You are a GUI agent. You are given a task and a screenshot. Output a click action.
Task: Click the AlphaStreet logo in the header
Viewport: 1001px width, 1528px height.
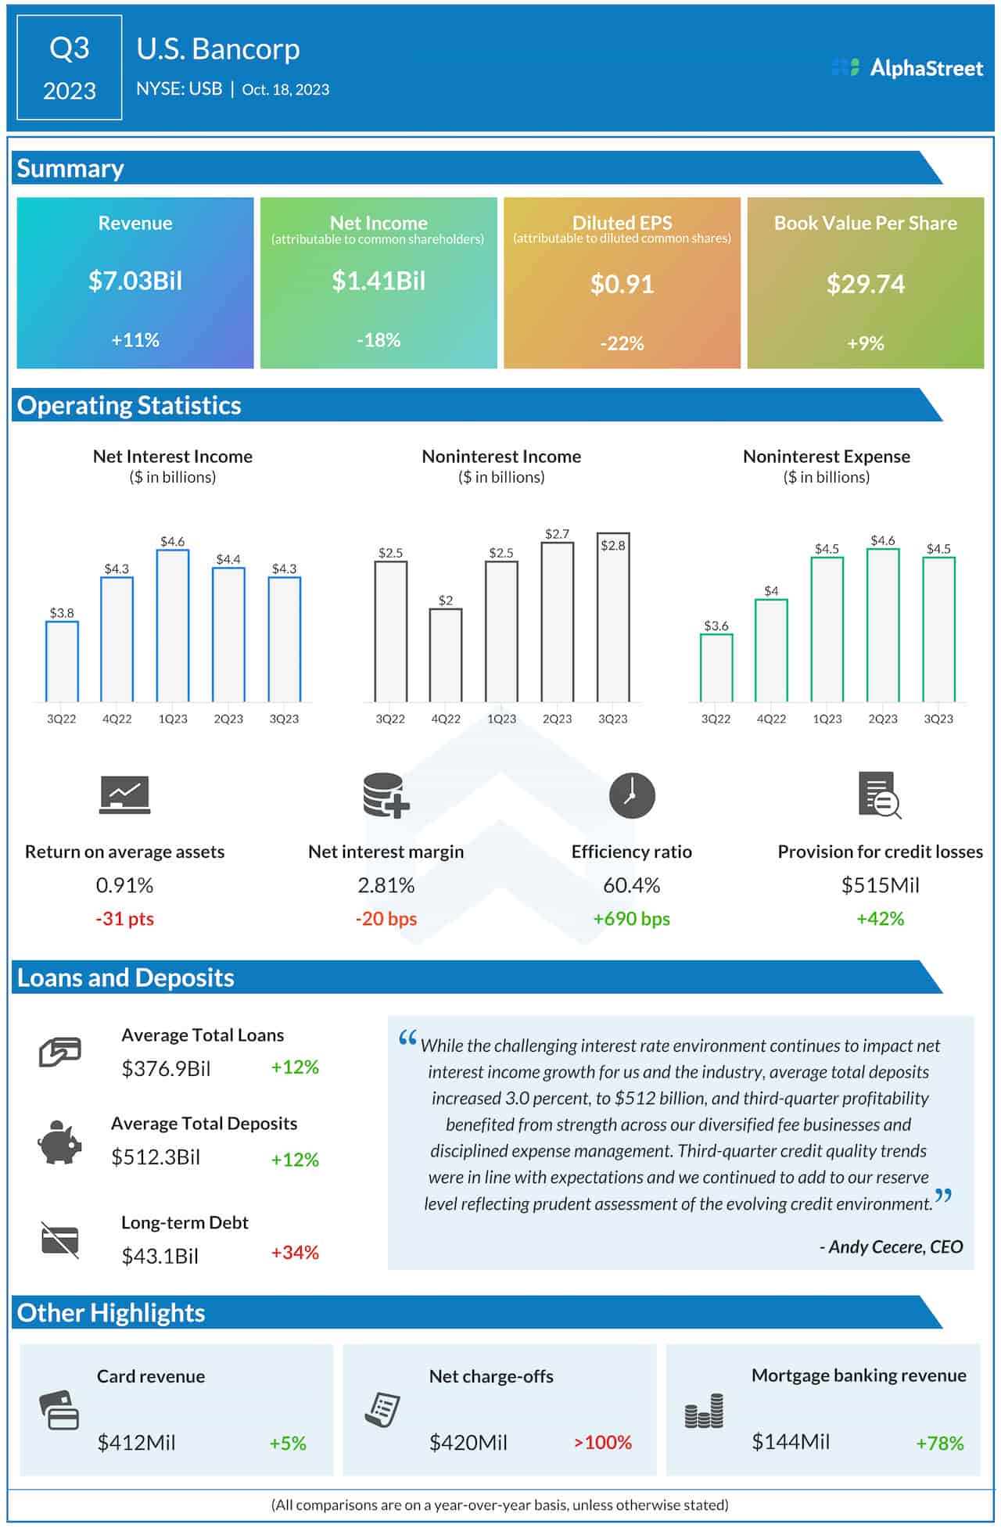[907, 68]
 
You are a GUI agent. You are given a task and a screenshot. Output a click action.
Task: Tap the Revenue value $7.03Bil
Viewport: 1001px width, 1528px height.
[135, 281]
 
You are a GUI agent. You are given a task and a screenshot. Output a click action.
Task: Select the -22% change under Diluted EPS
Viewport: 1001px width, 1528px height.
[622, 343]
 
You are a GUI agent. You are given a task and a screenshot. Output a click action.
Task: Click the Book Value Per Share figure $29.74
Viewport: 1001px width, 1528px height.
[865, 284]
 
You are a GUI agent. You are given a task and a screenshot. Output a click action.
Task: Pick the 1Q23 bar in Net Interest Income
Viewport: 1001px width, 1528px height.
[173, 626]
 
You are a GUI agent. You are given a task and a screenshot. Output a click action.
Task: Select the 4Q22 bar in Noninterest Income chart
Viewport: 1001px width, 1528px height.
[446, 655]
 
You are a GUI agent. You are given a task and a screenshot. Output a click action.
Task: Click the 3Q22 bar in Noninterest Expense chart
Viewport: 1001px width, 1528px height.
[716, 668]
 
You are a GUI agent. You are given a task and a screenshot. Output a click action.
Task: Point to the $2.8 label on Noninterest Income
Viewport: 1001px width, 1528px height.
[612, 546]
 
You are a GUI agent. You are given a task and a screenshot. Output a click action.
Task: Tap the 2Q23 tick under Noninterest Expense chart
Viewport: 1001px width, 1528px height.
[883, 719]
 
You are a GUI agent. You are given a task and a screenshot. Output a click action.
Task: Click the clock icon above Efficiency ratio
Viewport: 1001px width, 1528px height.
[632, 796]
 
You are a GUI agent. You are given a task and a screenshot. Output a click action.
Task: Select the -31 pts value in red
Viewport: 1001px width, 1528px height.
[124, 919]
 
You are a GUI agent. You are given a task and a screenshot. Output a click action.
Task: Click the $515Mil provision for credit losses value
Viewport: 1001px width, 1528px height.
[880, 885]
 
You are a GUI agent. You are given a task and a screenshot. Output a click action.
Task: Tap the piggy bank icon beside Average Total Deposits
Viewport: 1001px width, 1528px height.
[59, 1142]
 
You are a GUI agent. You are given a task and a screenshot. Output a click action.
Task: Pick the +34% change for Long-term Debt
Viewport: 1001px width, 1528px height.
[295, 1253]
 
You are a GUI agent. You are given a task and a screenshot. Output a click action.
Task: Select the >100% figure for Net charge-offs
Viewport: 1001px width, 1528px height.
[602, 1442]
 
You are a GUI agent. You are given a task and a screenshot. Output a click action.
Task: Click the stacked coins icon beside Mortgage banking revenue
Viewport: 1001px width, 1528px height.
[704, 1411]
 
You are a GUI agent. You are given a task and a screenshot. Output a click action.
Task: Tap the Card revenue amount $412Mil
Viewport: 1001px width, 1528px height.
[136, 1442]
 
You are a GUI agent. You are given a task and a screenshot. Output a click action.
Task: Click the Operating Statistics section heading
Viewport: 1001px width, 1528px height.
[129, 405]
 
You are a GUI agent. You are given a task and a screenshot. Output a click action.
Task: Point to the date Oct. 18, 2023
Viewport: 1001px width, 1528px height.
[285, 90]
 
